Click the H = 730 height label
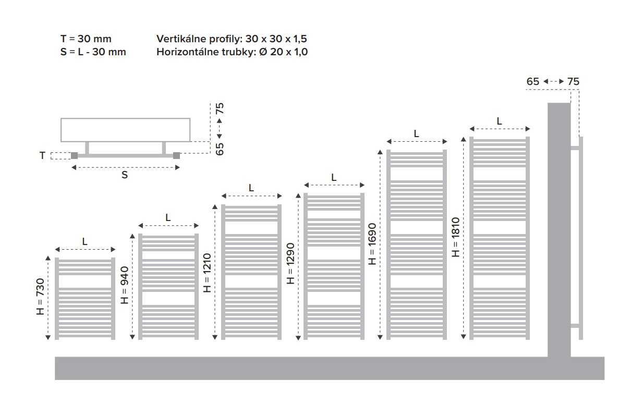(x=40, y=297)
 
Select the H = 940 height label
(x=125, y=285)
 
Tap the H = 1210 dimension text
(x=207, y=273)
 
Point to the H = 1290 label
(x=290, y=264)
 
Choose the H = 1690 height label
(x=372, y=244)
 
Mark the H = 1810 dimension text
(x=455, y=237)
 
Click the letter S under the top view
(x=125, y=175)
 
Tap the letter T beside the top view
(x=42, y=155)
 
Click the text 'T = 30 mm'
(x=86, y=39)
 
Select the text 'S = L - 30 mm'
(x=93, y=52)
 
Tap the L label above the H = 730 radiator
(x=85, y=241)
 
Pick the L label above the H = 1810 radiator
(x=499, y=121)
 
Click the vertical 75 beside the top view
(x=220, y=108)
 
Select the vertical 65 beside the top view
(x=220, y=149)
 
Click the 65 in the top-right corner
(x=532, y=82)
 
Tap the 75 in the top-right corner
(x=573, y=82)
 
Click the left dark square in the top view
(x=75, y=156)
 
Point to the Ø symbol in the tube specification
(x=263, y=52)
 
